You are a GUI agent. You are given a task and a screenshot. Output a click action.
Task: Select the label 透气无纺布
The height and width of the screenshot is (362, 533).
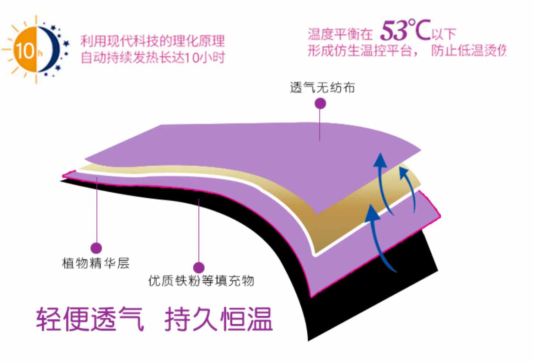322,87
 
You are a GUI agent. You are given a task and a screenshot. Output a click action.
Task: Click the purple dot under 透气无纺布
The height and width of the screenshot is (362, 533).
320,104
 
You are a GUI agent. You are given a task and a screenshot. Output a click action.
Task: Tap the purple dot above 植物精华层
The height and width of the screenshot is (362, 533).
96,248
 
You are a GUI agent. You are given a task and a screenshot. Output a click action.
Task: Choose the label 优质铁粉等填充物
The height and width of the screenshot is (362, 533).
201,281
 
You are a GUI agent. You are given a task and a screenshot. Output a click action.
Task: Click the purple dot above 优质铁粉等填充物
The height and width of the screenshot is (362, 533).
199,267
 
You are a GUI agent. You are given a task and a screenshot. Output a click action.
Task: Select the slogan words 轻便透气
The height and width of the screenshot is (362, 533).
90,319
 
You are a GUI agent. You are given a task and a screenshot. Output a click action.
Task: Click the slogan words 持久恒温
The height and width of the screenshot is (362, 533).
218,319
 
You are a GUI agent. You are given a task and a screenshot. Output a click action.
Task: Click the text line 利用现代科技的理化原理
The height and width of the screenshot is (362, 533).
152,41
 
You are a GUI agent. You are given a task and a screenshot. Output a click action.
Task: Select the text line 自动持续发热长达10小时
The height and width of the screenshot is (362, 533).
153,57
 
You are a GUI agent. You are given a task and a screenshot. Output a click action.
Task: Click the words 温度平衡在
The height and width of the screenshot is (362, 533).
340,34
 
